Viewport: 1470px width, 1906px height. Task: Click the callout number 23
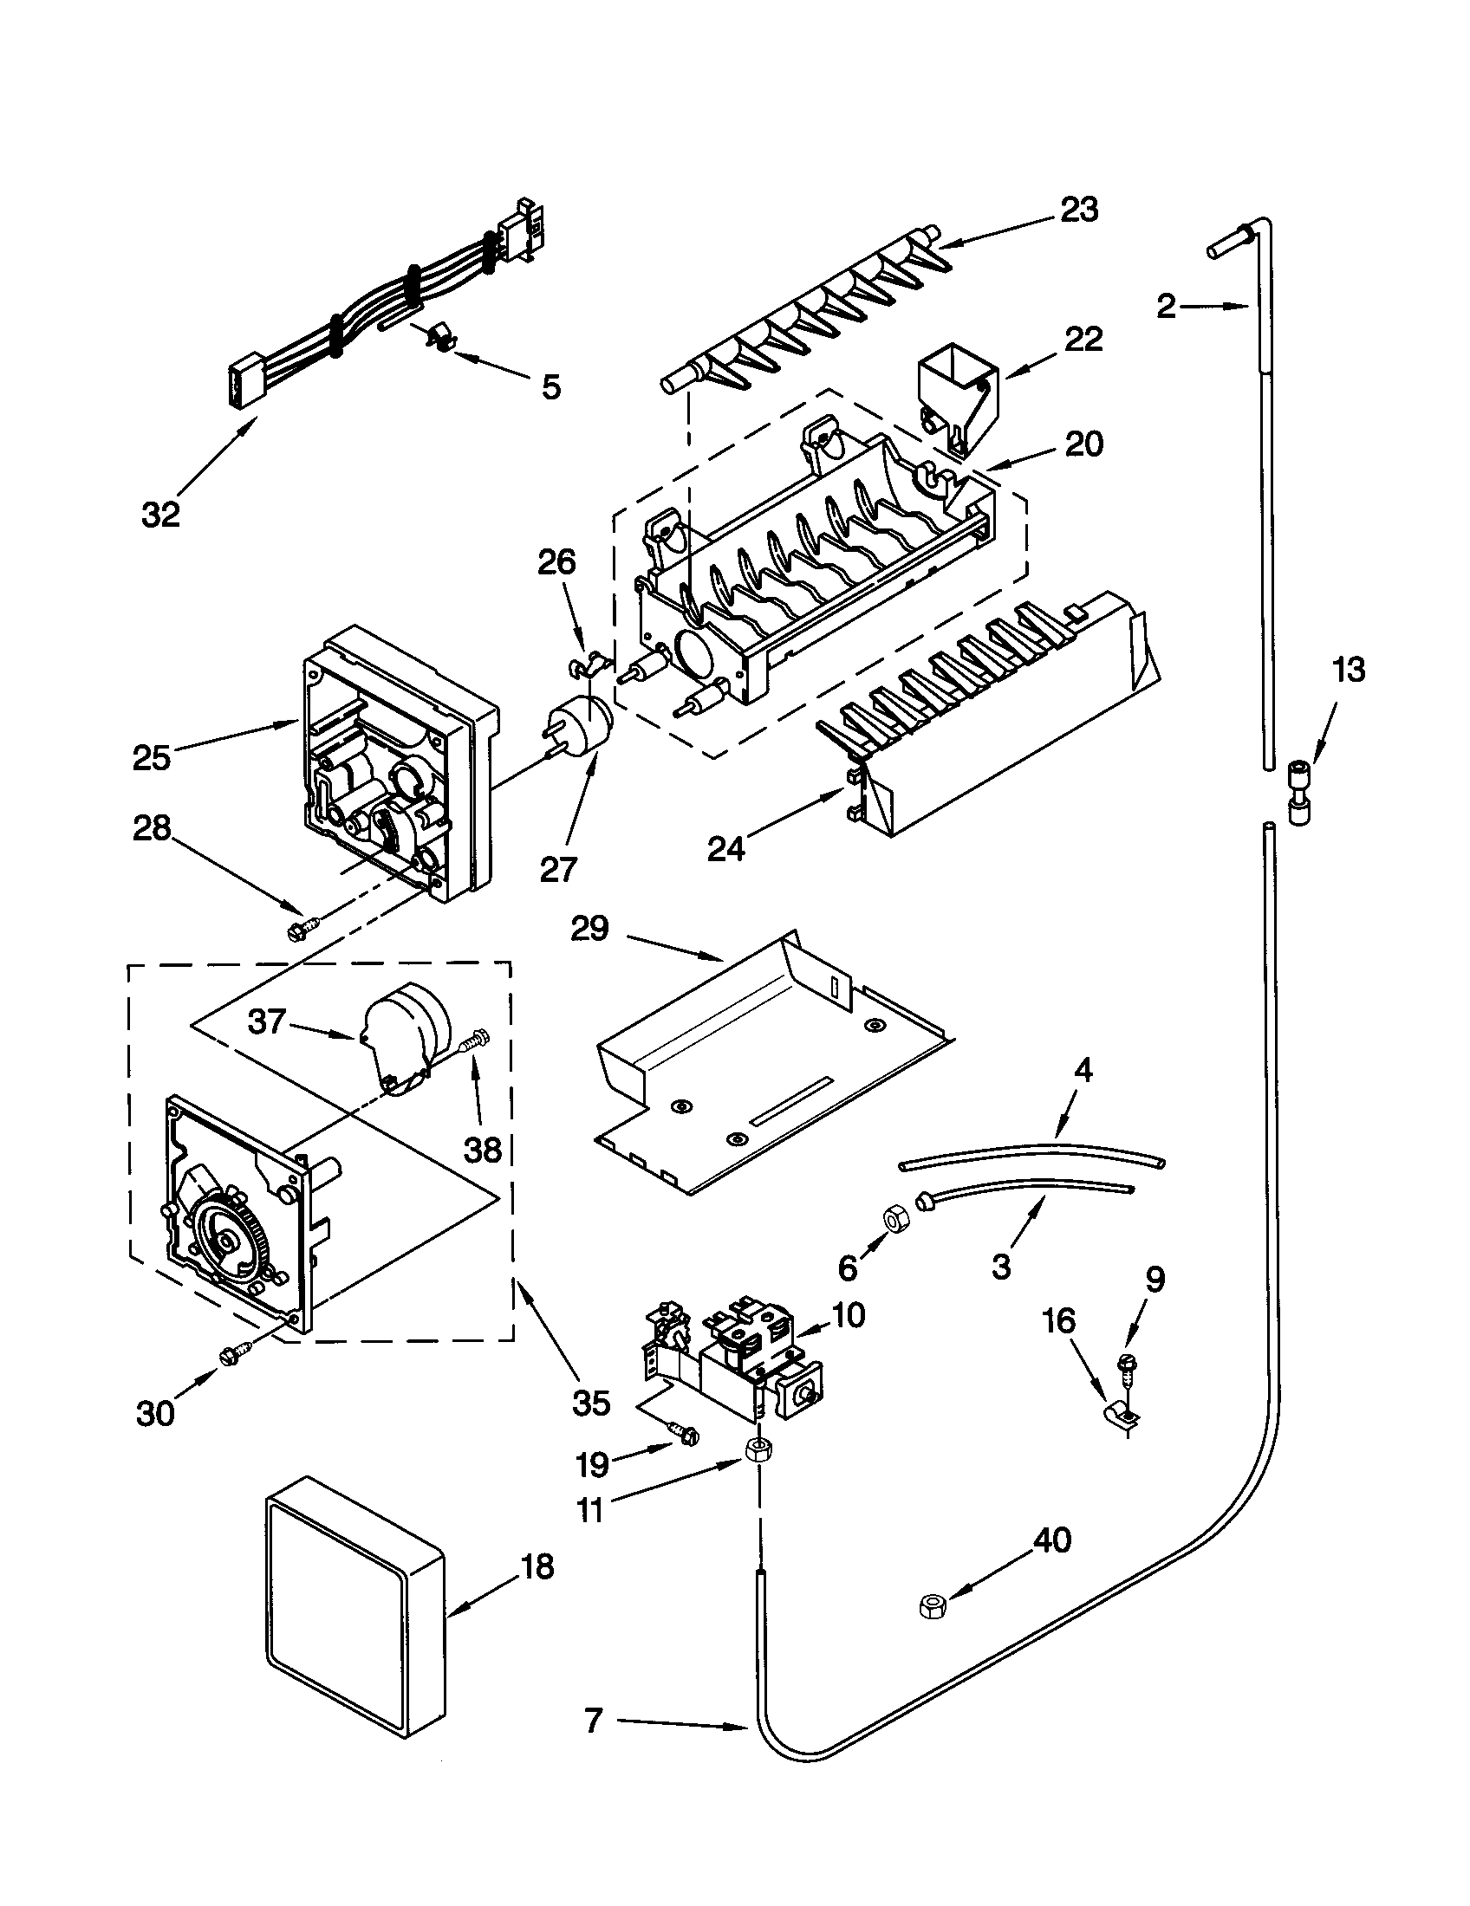pyautogui.click(x=1079, y=210)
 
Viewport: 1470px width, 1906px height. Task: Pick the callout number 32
pyautogui.click(x=160, y=514)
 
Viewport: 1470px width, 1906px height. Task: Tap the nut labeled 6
pyautogui.click(x=894, y=1217)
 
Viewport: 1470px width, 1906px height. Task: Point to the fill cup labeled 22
pyautogui.click(x=957, y=386)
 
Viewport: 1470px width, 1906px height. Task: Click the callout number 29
pyautogui.click(x=589, y=929)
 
